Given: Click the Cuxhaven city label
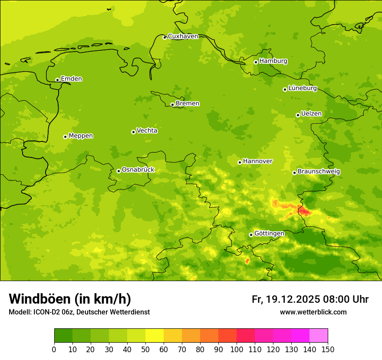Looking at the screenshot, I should click(183, 36).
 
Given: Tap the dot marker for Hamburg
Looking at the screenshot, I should click(256, 62).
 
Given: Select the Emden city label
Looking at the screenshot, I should click(71, 79).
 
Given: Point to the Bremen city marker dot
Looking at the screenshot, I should click(172, 105).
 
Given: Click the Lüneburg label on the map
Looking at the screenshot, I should click(302, 88).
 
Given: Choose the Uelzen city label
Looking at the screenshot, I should click(311, 114).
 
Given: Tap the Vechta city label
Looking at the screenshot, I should click(147, 131).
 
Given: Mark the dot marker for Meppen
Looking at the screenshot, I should click(65, 137).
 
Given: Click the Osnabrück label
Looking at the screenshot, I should click(138, 170).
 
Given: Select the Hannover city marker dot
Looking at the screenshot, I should click(240, 162).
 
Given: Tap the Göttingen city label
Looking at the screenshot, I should click(269, 234).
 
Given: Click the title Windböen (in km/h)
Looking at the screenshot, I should click(69, 299).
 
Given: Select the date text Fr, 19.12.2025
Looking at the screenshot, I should click(285, 299).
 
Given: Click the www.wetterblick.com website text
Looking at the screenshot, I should click(313, 312).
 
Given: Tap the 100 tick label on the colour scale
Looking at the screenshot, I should click(237, 350).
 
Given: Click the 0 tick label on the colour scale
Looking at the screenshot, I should click(54, 350).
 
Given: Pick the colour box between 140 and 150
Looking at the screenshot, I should click(319, 336).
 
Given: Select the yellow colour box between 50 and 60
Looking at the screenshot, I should click(155, 336).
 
